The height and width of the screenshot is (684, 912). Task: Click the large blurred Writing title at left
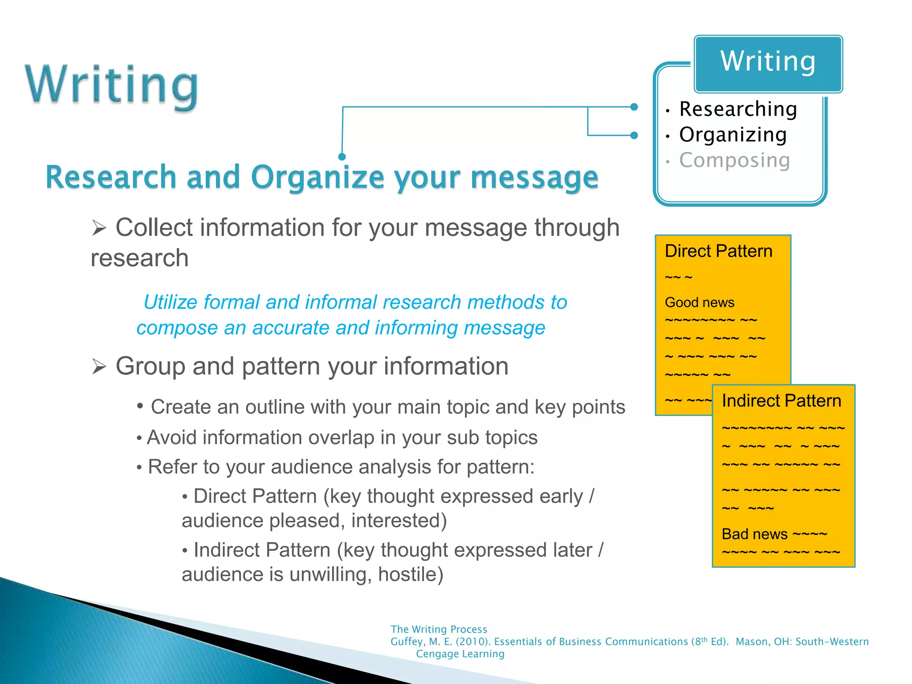(x=111, y=85)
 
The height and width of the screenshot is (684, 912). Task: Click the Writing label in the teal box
(x=768, y=61)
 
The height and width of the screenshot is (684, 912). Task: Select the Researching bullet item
(x=738, y=109)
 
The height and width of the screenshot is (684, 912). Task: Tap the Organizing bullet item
(x=733, y=134)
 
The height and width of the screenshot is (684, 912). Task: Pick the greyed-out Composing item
(x=734, y=160)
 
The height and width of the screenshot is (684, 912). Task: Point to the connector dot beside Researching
(x=634, y=107)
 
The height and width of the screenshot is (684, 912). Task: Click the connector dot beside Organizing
(x=634, y=135)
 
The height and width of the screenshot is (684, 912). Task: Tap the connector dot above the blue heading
(x=342, y=157)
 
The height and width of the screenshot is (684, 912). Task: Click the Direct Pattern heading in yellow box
(x=718, y=251)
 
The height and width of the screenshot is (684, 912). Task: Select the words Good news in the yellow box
(x=699, y=302)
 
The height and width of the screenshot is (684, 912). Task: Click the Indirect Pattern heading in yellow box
(x=781, y=401)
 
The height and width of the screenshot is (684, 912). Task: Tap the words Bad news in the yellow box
(x=754, y=534)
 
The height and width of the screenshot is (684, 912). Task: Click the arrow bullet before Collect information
(x=99, y=228)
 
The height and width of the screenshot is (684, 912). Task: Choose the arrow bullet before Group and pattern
(x=99, y=367)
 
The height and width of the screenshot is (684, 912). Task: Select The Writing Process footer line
(x=439, y=629)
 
